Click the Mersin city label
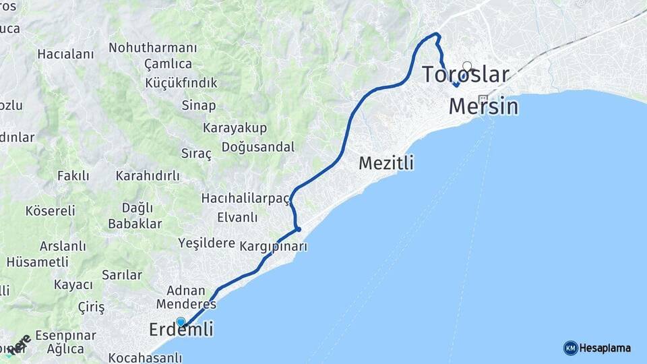[483, 106]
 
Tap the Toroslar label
[465, 74]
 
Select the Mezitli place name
[386, 163]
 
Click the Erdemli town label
[181, 330]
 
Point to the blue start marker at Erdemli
[181, 322]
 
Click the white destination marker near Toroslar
[466, 66]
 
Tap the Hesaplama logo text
[605, 348]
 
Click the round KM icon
[570, 348]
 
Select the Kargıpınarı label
[273, 247]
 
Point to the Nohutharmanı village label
[153, 49]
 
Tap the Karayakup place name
[235, 128]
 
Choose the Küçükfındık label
[181, 83]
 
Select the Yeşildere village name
[206, 243]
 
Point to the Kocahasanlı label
[146, 357]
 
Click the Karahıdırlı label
[148, 176]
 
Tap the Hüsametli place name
[37, 262]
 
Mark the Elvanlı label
[237, 217]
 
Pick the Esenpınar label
[65, 335]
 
